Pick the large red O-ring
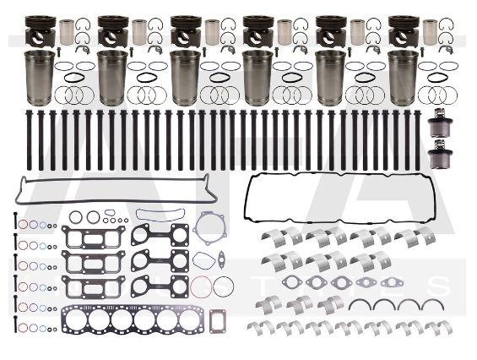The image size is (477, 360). (x=202, y=287)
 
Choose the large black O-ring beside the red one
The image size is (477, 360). (x=223, y=287)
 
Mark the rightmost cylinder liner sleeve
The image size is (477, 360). (x=403, y=78)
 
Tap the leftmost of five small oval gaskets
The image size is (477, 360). (x=292, y=282)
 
